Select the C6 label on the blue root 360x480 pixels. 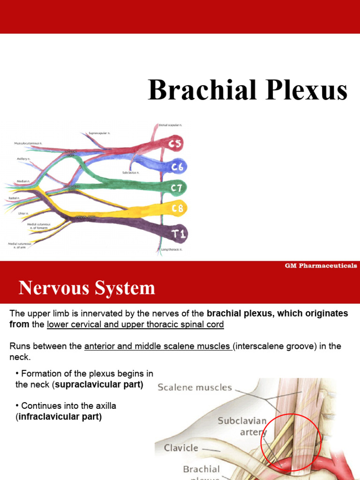[177, 166]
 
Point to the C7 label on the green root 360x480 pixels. [178, 188]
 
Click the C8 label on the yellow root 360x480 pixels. [177, 208]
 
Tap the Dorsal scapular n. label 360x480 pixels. [170, 125]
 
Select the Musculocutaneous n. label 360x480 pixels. [28, 142]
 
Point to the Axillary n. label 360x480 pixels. [23, 159]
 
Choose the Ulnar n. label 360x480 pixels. [22, 214]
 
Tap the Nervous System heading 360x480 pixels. [87, 288]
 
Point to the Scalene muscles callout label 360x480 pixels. [195, 387]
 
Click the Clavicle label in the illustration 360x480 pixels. [181, 448]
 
